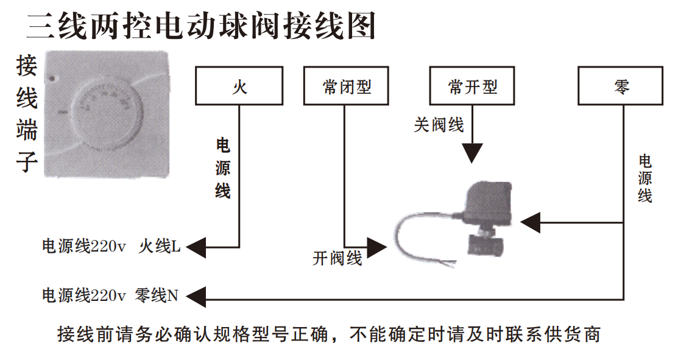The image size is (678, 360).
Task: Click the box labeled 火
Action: [x=239, y=86]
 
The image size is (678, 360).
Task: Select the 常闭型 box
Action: [x=347, y=86]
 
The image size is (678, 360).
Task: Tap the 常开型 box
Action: [x=472, y=86]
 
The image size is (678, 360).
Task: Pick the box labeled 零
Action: [x=621, y=86]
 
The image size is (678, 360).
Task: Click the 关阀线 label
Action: [x=439, y=125]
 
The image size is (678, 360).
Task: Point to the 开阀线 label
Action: [x=337, y=258]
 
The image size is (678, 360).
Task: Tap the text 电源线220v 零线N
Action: [x=110, y=297]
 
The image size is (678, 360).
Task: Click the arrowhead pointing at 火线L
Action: [x=197, y=247]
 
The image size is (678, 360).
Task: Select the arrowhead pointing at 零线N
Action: [x=197, y=297]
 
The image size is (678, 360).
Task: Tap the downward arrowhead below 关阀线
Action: [x=472, y=153]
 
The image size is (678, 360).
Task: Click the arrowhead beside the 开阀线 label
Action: [x=376, y=247]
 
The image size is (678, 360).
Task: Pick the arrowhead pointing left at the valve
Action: [x=531, y=223]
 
